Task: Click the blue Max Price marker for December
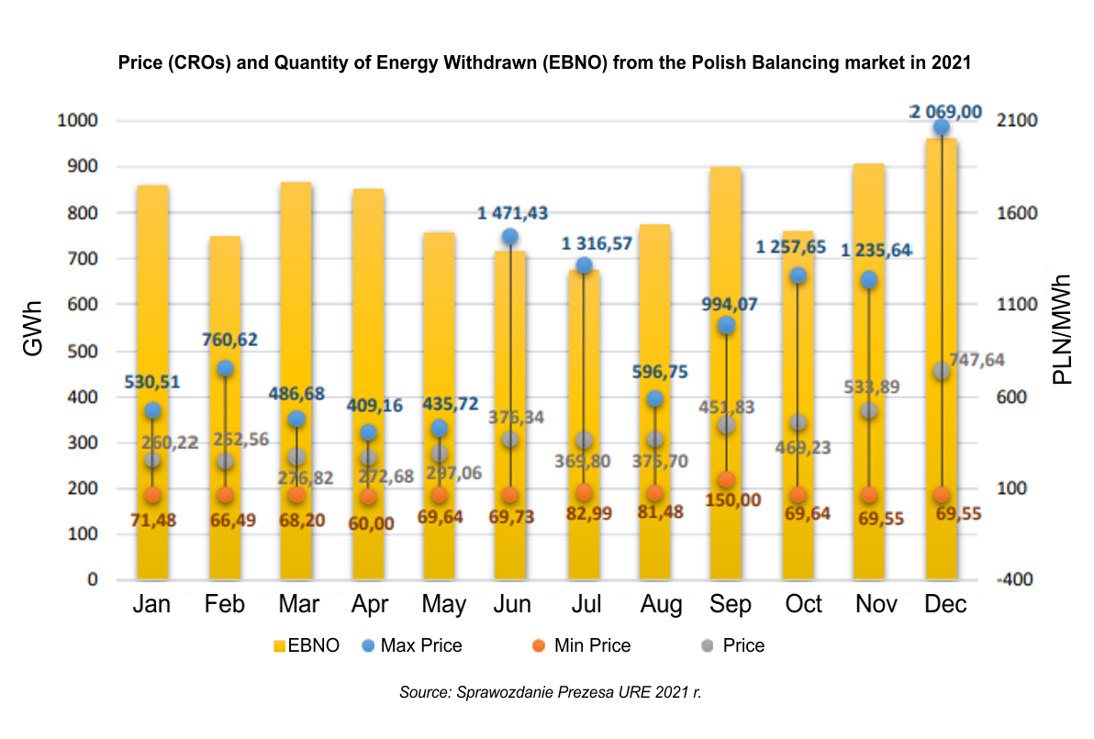coord(941,128)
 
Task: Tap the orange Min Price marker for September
coord(726,480)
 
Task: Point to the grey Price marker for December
coord(941,371)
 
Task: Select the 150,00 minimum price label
coord(726,500)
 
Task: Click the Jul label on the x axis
coord(586,605)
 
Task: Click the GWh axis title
coord(33,350)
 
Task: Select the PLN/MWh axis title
coord(1063,329)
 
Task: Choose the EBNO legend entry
coord(307,645)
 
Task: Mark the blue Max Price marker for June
coord(511,237)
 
